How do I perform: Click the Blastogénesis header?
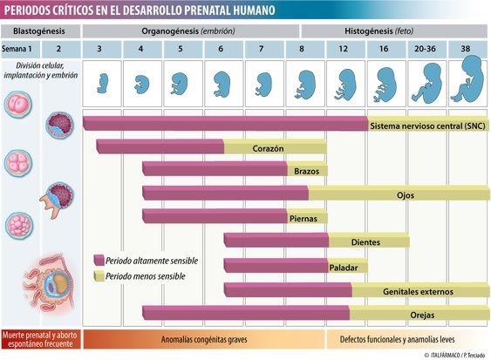[x=40, y=31]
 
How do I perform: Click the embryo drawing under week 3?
[x=102, y=84]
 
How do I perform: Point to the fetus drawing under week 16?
[x=385, y=85]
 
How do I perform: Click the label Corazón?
[x=268, y=149]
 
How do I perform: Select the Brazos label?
[x=307, y=171]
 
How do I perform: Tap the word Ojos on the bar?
[x=406, y=195]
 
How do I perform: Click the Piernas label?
[x=303, y=219]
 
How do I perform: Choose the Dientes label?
[x=365, y=242]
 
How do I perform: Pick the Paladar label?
[x=344, y=268]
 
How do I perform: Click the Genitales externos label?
[x=418, y=292]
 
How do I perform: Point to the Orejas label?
[x=422, y=316]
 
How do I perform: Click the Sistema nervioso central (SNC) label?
[x=427, y=126]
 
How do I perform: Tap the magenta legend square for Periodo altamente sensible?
[x=99, y=260]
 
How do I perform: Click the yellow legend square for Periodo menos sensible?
[x=99, y=276]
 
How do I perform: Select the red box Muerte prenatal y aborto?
[x=41, y=339]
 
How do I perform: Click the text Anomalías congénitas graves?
[x=204, y=339]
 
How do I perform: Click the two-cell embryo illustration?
[x=18, y=105]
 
